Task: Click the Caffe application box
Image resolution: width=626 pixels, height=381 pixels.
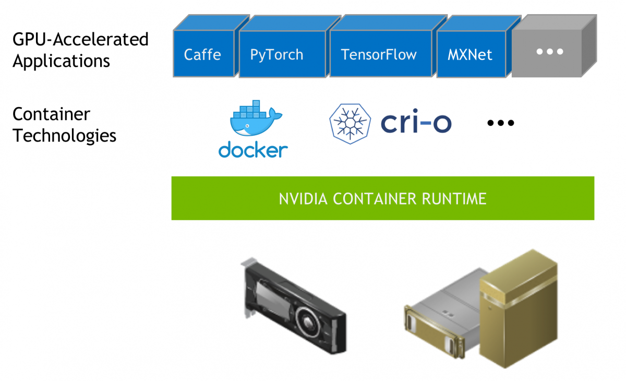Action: click(202, 54)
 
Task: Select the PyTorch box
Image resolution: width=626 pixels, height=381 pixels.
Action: click(276, 55)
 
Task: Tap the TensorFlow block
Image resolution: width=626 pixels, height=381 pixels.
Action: click(379, 55)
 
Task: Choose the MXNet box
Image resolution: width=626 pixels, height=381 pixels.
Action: click(469, 55)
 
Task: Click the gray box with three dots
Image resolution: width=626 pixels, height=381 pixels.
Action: click(550, 52)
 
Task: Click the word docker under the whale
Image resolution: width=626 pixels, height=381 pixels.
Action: click(253, 150)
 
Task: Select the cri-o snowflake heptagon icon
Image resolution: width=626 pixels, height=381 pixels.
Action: click(350, 124)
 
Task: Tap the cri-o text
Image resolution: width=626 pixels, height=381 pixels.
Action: click(416, 123)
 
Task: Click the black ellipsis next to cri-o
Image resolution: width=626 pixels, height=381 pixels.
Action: click(500, 123)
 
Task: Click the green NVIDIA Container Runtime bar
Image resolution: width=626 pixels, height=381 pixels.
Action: click(382, 198)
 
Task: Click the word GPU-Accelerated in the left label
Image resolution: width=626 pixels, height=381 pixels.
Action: click(80, 40)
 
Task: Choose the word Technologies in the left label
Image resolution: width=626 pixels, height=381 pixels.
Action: click(64, 136)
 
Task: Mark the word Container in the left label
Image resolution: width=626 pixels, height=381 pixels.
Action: click(51, 114)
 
